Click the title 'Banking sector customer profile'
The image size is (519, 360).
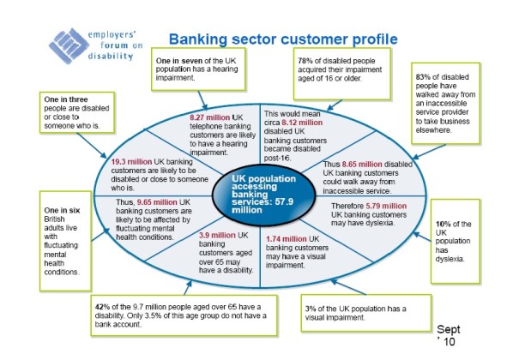(283, 39)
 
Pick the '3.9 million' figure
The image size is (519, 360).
(212, 234)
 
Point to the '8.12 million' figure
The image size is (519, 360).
(309, 123)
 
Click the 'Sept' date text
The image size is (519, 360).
(449, 329)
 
